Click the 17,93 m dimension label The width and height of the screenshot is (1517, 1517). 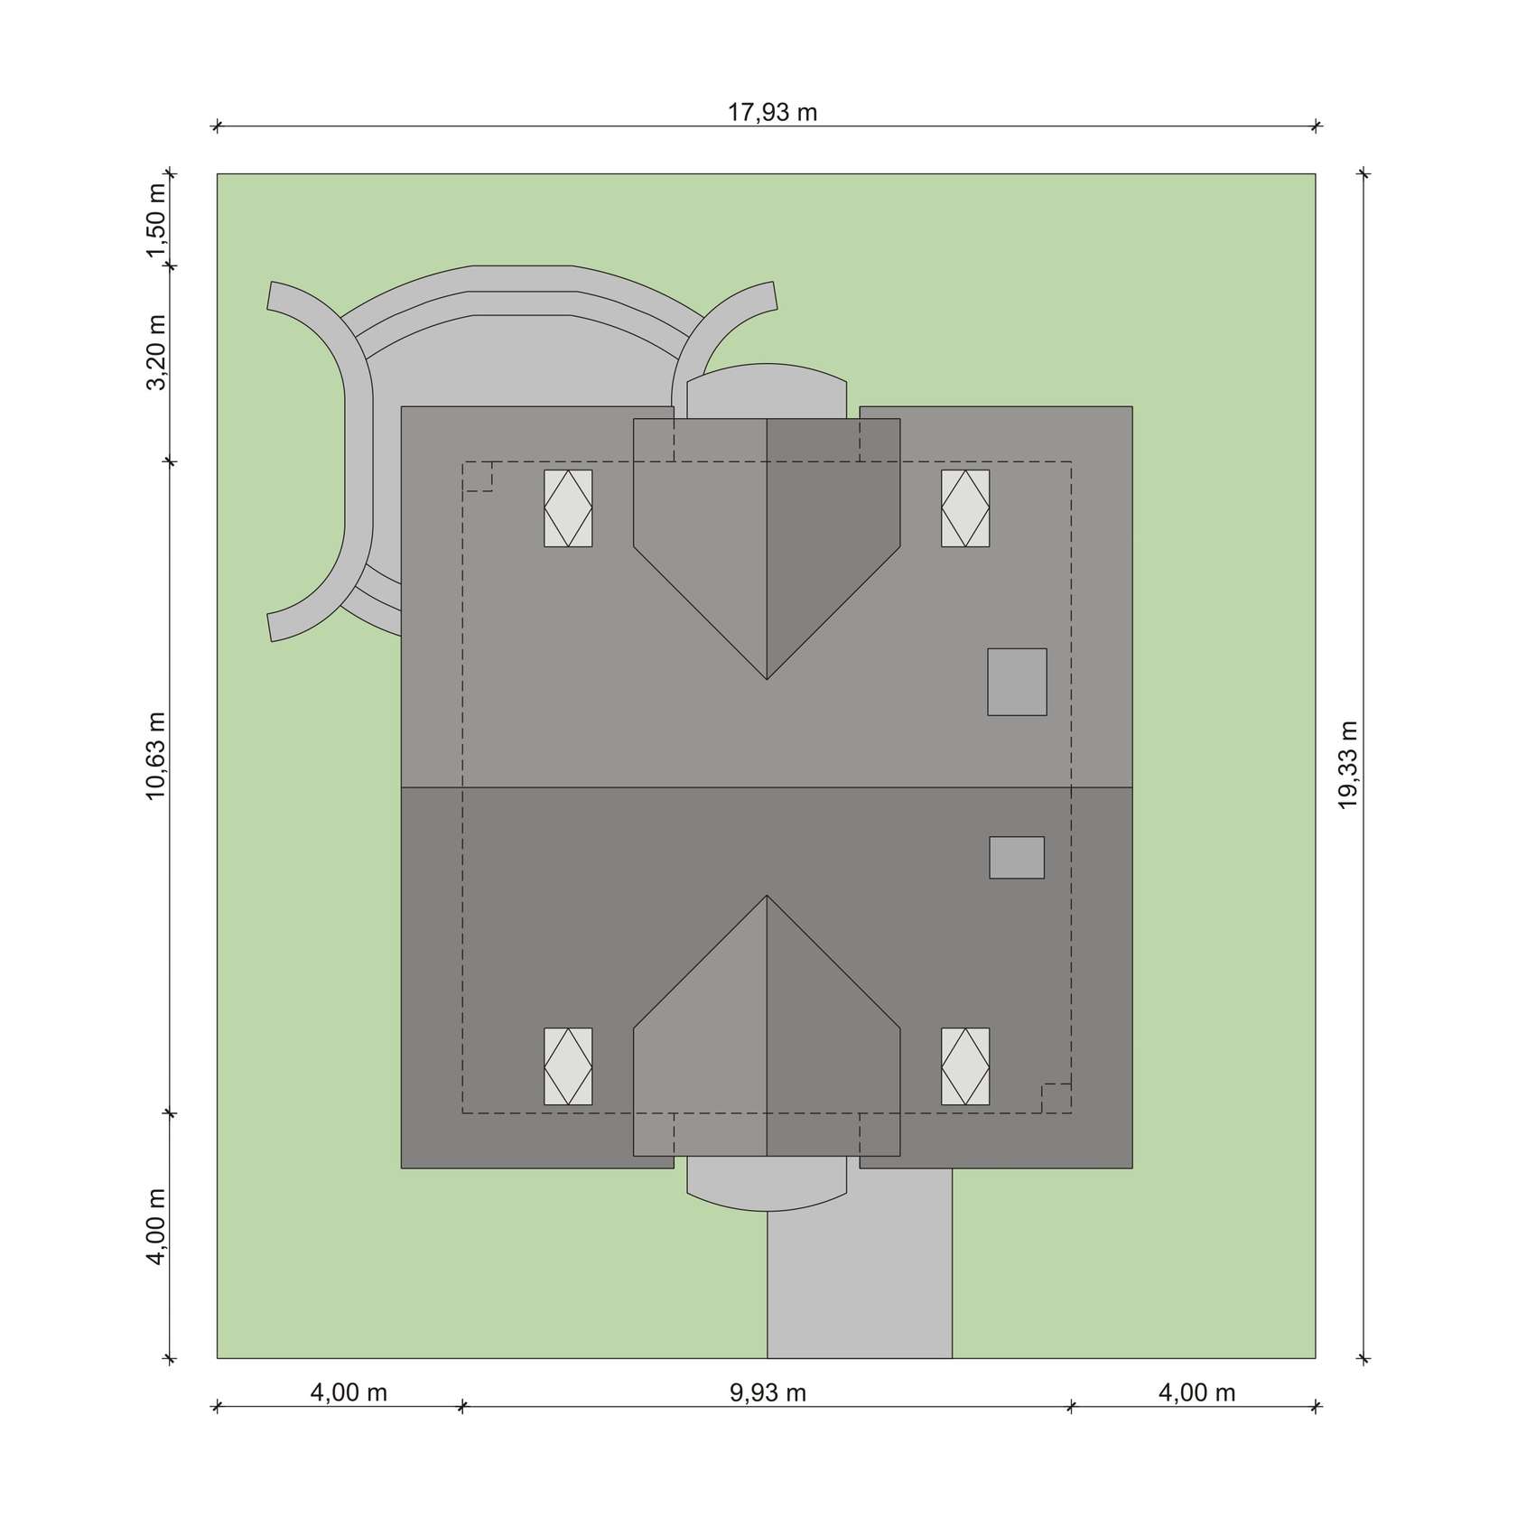(x=772, y=112)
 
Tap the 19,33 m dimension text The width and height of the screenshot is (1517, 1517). (x=1348, y=765)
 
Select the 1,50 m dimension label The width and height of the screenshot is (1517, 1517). (x=157, y=221)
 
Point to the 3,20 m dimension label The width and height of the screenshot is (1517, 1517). (x=157, y=352)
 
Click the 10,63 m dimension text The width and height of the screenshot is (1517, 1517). (x=157, y=756)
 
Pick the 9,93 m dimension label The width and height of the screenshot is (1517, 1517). (x=768, y=1392)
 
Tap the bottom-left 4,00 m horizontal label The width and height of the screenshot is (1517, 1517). (x=349, y=1392)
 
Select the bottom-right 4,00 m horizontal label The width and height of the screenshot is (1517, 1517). (x=1196, y=1392)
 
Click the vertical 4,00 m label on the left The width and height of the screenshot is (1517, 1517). (x=157, y=1227)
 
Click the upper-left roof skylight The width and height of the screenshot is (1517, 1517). (x=568, y=507)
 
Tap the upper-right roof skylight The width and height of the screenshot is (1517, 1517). (x=965, y=507)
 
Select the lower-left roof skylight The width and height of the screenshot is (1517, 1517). (x=568, y=1066)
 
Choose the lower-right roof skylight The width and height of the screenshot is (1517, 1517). (x=965, y=1066)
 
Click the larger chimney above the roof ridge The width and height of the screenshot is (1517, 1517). (x=1017, y=682)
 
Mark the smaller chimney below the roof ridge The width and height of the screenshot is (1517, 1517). (x=1017, y=857)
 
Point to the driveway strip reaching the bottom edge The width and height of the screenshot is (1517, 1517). (x=860, y=1282)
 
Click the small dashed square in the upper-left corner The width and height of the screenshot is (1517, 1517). (x=478, y=477)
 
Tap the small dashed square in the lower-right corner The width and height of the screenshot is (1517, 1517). (x=1056, y=1098)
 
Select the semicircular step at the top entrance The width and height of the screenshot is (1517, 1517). (x=767, y=390)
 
